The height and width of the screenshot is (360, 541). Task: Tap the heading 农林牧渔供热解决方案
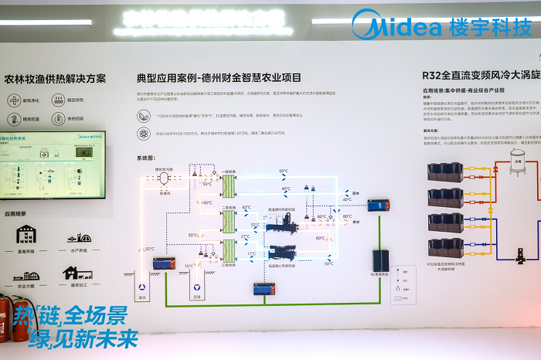tap(55, 79)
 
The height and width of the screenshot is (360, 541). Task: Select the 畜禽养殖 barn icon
tap(26, 233)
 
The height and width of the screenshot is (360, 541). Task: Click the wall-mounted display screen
tap(53, 164)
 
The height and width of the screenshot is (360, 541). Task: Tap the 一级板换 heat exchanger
tap(229, 185)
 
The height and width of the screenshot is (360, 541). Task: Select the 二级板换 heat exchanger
tap(229, 221)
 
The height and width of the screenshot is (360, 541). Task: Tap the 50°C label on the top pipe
tap(284, 172)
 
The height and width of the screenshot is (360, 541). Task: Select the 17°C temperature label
tap(251, 253)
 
